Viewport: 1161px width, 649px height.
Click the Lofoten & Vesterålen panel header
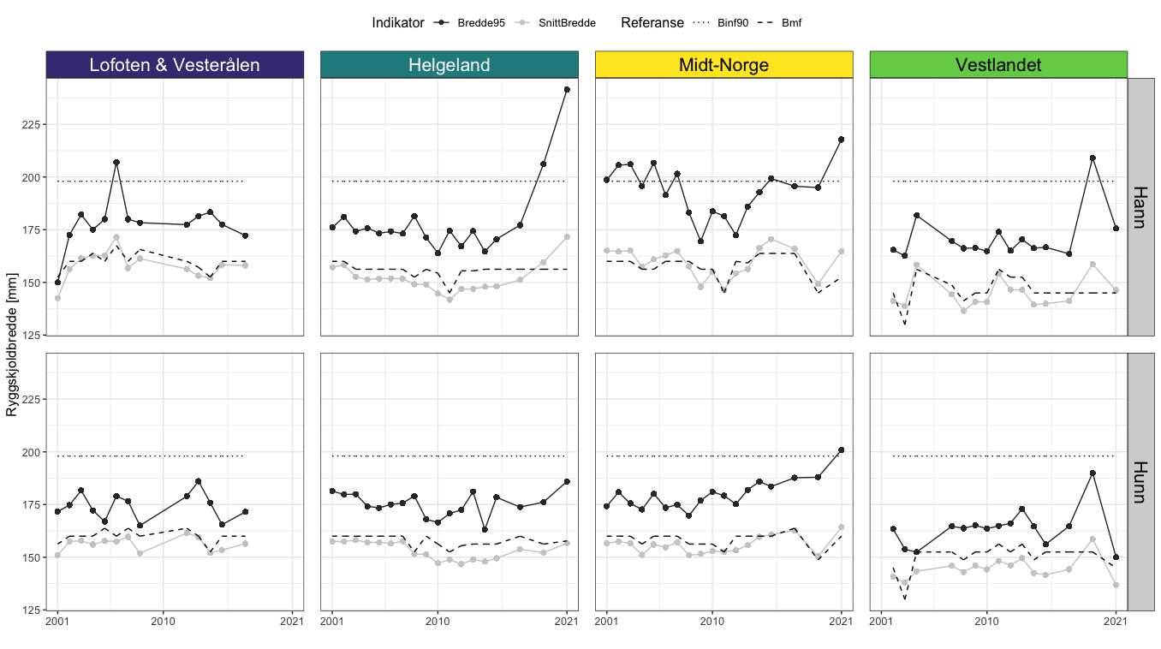pyautogui.click(x=175, y=65)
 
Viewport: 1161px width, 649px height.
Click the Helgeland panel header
pyautogui.click(x=449, y=65)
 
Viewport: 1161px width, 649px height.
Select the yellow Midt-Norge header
pyautogui.click(x=723, y=65)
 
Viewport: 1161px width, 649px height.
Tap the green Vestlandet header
pyautogui.click(x=998, y=65)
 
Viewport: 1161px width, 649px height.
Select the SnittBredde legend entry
pyautogui.click(x=566, y=23)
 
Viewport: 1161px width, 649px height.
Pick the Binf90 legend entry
pyautogui.click(x=732, y=23)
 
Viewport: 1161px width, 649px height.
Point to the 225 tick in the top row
pyautogui.click(x=31, y=125)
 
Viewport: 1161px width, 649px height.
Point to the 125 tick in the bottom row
pyautogui.click(x=31, y=610)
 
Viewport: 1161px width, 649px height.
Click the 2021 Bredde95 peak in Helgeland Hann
pyautogui.click(x=567, y=89)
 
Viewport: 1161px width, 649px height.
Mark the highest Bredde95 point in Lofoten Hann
pyautogui.click(x=116, y=163)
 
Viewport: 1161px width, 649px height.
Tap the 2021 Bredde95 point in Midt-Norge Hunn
pyautogui.click(x=841, y=450)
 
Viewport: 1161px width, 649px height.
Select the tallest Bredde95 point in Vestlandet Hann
pyautogui.click(x=1093, y=158)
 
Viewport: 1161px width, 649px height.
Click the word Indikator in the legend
pyautogui.click(x=397, y=23)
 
